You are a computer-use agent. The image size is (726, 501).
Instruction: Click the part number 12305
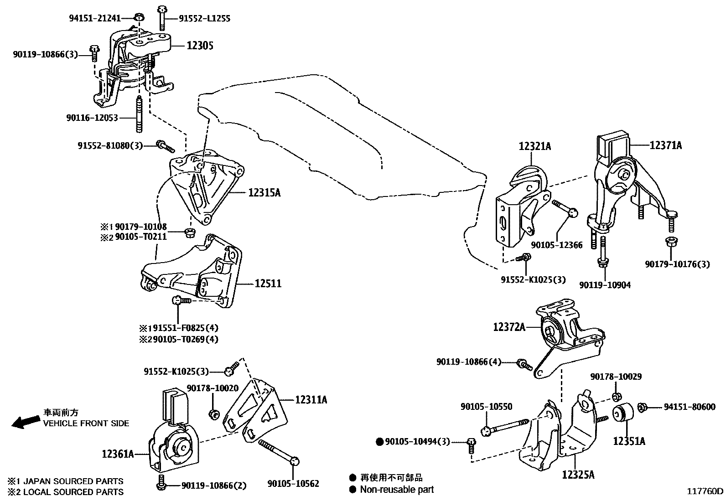(200, 46)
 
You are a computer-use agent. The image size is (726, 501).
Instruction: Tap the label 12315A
(264, 193)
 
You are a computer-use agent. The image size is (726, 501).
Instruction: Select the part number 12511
(268, 284)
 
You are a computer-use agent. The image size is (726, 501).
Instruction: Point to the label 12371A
(666, 145)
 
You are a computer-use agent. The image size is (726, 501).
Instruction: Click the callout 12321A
(535, 146)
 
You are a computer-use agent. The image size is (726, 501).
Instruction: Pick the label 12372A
(509, 327)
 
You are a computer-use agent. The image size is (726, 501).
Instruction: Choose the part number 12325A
(579, 475)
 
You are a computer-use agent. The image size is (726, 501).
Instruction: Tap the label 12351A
(629, 441)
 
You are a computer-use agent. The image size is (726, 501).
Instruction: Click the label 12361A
(118, 454)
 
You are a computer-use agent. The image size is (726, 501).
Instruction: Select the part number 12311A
(311, 400)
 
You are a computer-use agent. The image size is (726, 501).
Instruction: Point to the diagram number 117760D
(705, 491)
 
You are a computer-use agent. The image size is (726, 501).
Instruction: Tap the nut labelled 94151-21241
(139, 17)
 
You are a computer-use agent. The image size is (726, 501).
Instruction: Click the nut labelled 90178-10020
(213, 414)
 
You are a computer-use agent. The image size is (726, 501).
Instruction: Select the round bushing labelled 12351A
(623, 413)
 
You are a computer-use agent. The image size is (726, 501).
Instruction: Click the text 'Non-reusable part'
(397, 489)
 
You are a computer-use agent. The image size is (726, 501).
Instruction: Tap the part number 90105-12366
(557, 245)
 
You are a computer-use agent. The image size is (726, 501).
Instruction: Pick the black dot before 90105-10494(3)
(379, 442)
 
